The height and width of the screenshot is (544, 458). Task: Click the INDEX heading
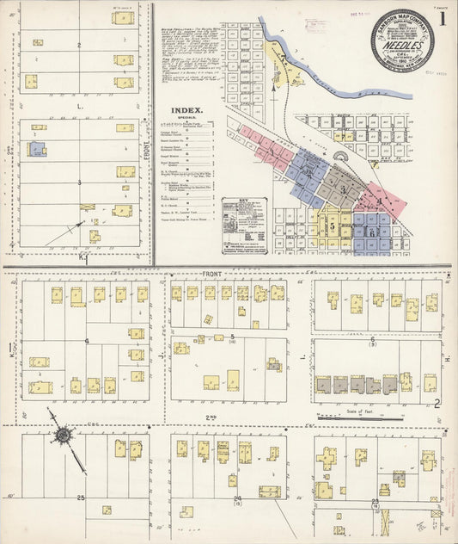[x=186, y=110]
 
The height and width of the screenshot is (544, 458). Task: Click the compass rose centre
[x=63, y=436]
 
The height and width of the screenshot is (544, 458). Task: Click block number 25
[x=80, y=498]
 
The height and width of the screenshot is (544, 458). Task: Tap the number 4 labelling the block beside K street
[x=87, y=342]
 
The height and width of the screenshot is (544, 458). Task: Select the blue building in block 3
[x=37, y=149]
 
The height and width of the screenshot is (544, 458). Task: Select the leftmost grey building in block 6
[x=323, y=384]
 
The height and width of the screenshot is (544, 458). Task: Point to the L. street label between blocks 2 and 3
[x=80, y=104]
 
